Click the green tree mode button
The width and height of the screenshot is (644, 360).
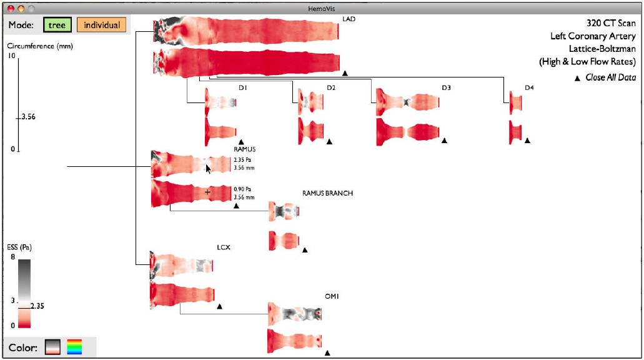tap(57, 25)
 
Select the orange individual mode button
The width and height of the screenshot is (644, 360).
tap(102, 25)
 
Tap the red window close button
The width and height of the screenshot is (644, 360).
tap(11, 9)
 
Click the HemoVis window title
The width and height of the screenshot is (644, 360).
tap(322, 9)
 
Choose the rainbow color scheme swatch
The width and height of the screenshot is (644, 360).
tap(74, 347)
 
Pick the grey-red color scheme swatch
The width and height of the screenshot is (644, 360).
tap(53, 347)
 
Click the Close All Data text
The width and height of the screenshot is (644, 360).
tap(610, 77)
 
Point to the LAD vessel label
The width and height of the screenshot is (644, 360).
tap(349, 19)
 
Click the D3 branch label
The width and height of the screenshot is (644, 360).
tap(446, 87)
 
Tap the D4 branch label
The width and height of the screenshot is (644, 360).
tap(529, 87)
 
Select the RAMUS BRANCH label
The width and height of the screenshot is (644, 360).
tap(327, 193)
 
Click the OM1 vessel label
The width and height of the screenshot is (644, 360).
tap(332, 296)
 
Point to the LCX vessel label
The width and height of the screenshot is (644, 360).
tap(224, 247)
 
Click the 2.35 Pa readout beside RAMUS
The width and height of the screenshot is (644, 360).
tap(242, 160)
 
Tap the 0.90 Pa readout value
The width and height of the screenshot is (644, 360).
tap(242, 189)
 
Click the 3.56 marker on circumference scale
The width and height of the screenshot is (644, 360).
tap(28, 117)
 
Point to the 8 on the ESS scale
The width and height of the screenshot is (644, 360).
tap(12, 257)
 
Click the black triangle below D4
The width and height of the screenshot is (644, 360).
tap(527, 141)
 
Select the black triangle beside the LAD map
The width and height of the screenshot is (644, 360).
tap(345, 73)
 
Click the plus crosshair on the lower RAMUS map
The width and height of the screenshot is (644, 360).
tap(207, 192)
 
